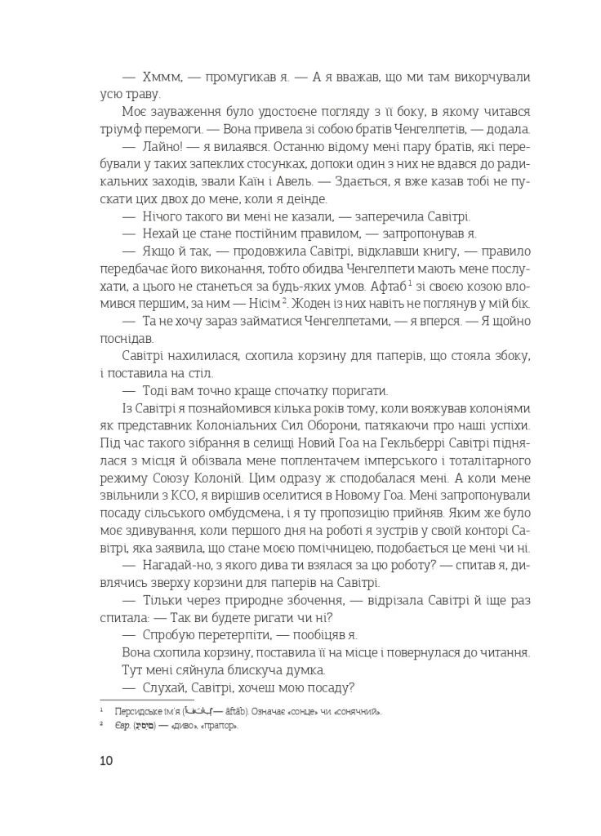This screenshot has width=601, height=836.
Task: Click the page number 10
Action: (106, 761)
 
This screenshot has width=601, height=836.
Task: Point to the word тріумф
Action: (124, 129)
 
